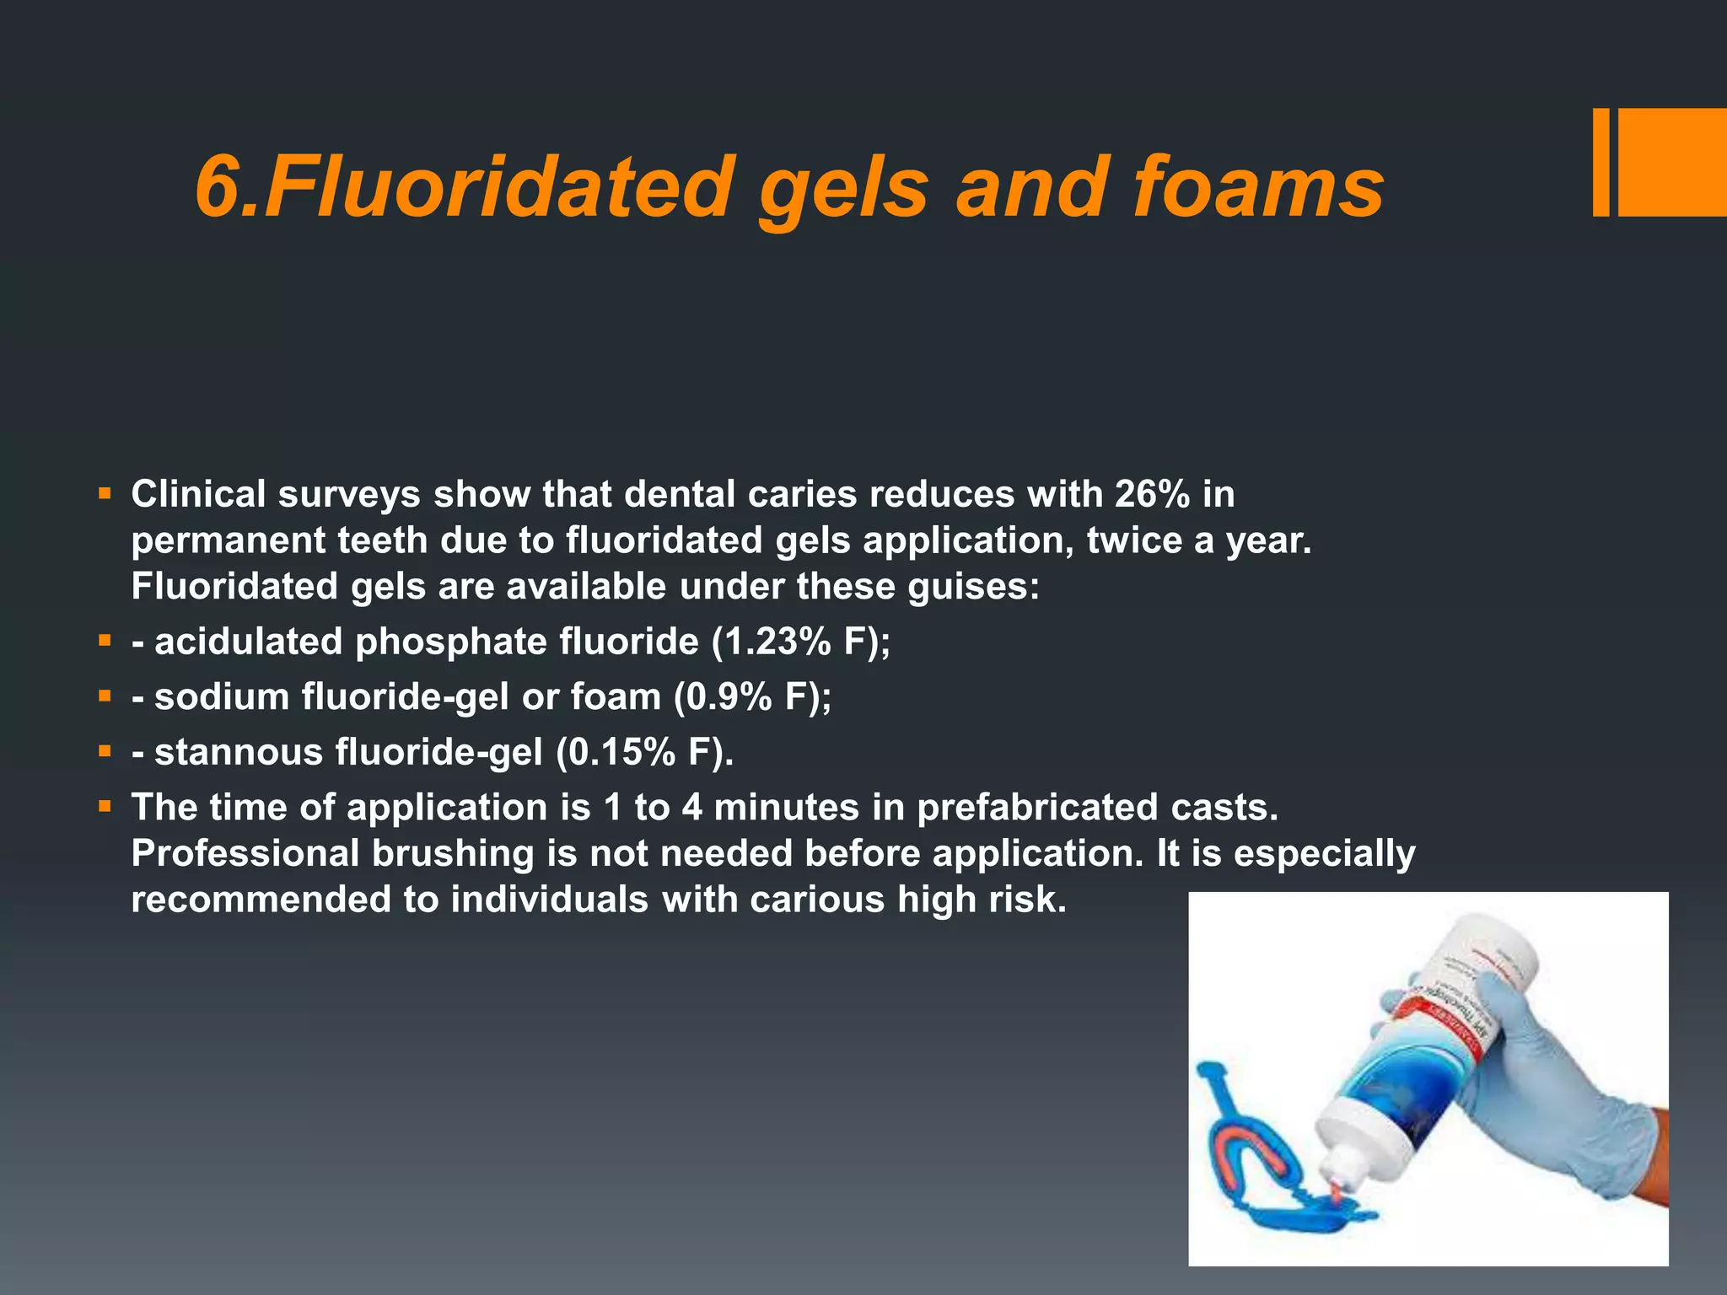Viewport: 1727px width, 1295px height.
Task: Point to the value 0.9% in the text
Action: click(730, 698)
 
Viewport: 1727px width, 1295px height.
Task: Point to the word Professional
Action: click(245, 854)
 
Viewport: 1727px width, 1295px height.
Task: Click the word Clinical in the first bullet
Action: click(198, 495)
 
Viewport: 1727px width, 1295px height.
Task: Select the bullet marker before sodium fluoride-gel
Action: click(105, 696)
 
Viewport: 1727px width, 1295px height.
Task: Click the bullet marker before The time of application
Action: click(105, 807)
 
